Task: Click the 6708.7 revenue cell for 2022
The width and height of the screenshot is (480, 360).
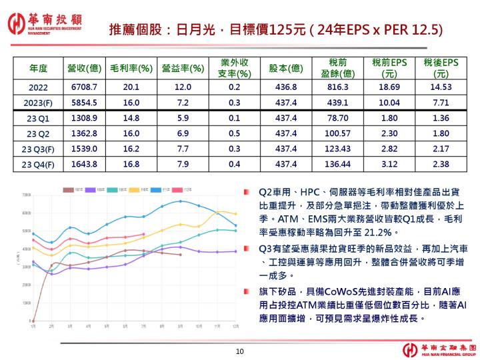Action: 84,87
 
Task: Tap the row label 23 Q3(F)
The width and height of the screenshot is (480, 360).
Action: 39,149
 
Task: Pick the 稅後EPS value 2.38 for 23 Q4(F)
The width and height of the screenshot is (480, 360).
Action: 441,164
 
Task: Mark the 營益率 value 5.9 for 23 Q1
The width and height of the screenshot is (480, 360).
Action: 183,118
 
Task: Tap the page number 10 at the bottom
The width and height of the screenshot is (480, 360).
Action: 241,351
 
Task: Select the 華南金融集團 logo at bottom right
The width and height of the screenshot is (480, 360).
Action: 437,349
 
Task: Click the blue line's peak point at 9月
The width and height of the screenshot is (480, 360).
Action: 180,201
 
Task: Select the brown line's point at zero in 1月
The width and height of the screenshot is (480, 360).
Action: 33,321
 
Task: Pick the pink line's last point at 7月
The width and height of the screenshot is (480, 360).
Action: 143,235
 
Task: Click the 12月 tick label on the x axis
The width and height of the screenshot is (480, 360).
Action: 235,326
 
